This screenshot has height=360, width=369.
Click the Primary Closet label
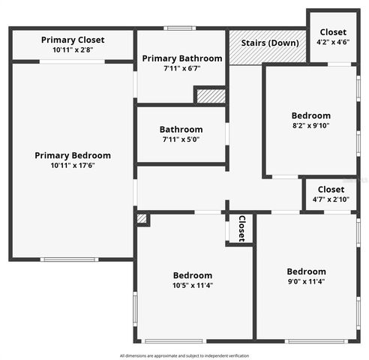[73, 40]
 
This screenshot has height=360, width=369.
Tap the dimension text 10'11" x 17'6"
[73, 165]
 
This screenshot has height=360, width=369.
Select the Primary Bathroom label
[181, 58]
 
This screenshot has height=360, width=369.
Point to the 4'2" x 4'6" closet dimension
[333, 42]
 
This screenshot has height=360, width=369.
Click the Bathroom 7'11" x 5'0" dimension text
[181, 139]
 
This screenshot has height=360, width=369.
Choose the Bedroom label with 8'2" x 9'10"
[310, 115]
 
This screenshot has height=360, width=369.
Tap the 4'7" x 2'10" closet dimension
[331, 199]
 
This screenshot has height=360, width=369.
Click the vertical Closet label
[241, 228]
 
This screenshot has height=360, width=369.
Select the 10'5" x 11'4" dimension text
[193, 285]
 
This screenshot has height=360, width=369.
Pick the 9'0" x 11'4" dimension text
[306, 282]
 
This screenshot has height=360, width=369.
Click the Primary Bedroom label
[73, 155]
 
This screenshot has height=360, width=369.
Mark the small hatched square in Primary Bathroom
[211, 96]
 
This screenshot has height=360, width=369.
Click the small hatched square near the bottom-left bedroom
[142, 219]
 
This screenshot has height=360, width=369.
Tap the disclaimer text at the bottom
[184, 355]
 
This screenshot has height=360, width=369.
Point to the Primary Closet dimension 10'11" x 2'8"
[73, 49]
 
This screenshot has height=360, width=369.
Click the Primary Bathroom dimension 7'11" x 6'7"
[181, 68]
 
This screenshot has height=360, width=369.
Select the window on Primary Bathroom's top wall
[180, 29]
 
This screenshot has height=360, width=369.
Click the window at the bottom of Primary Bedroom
[70, 259]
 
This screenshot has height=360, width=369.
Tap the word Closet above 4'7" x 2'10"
[331, 190]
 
